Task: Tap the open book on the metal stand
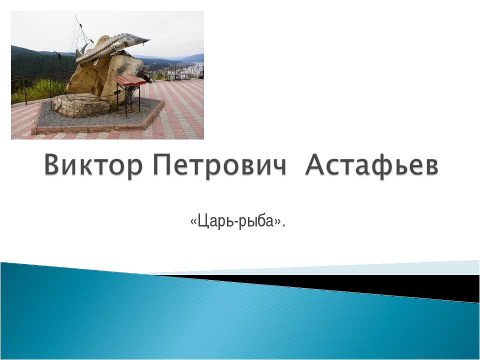128,80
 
